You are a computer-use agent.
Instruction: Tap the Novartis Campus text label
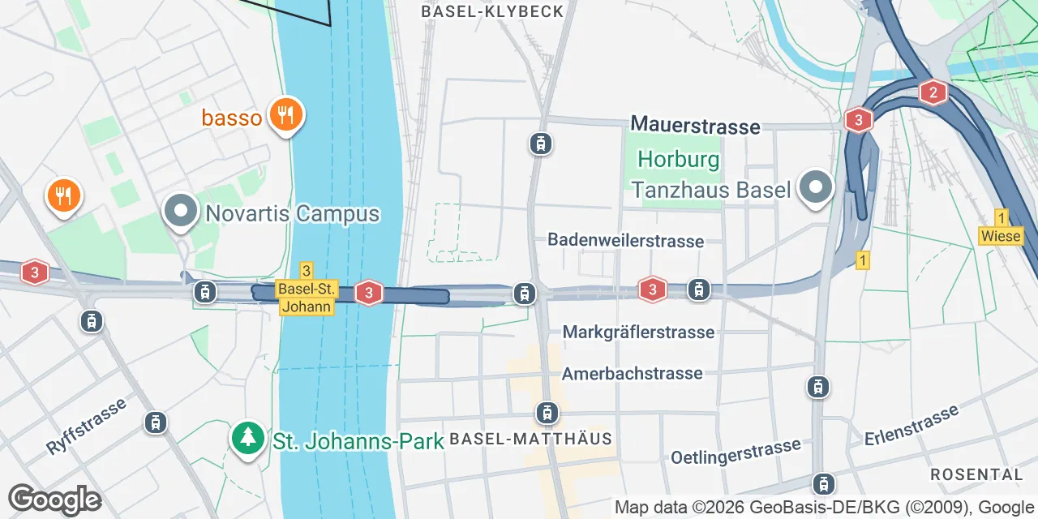point(293,214)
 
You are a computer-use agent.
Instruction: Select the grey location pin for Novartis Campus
point(181,212)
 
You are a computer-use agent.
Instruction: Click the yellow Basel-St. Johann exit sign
point(306,289)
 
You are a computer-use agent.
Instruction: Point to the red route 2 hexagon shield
point(933,92)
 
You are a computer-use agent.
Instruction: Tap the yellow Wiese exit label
point(1001,229)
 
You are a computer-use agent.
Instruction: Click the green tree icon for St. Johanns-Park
point(248,439)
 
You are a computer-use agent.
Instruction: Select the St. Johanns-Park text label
point(358,441)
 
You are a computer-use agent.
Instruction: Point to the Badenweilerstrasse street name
point(625,241)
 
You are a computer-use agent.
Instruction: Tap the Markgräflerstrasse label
point(638,332)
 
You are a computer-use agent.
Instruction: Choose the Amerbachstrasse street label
point(632,374)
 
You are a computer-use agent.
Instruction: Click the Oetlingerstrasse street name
point(736,452)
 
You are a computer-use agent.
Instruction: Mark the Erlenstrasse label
point(911,427)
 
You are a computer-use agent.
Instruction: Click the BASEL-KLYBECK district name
point(492,11)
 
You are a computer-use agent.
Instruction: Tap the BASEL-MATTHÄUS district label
point(530,439)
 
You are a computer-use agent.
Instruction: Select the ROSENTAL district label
point(976,474)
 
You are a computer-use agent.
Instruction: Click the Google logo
point(54,500)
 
